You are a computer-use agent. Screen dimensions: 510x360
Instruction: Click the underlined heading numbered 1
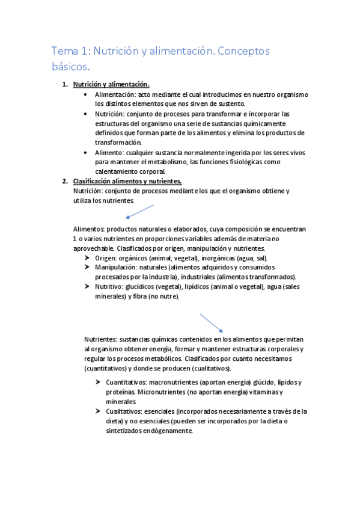(111, 84)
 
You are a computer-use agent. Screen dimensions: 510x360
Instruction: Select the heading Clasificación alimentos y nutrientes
(127, 181)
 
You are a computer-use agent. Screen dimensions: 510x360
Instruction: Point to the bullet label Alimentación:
(115, 95)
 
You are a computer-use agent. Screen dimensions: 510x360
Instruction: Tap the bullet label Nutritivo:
(110, 286)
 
